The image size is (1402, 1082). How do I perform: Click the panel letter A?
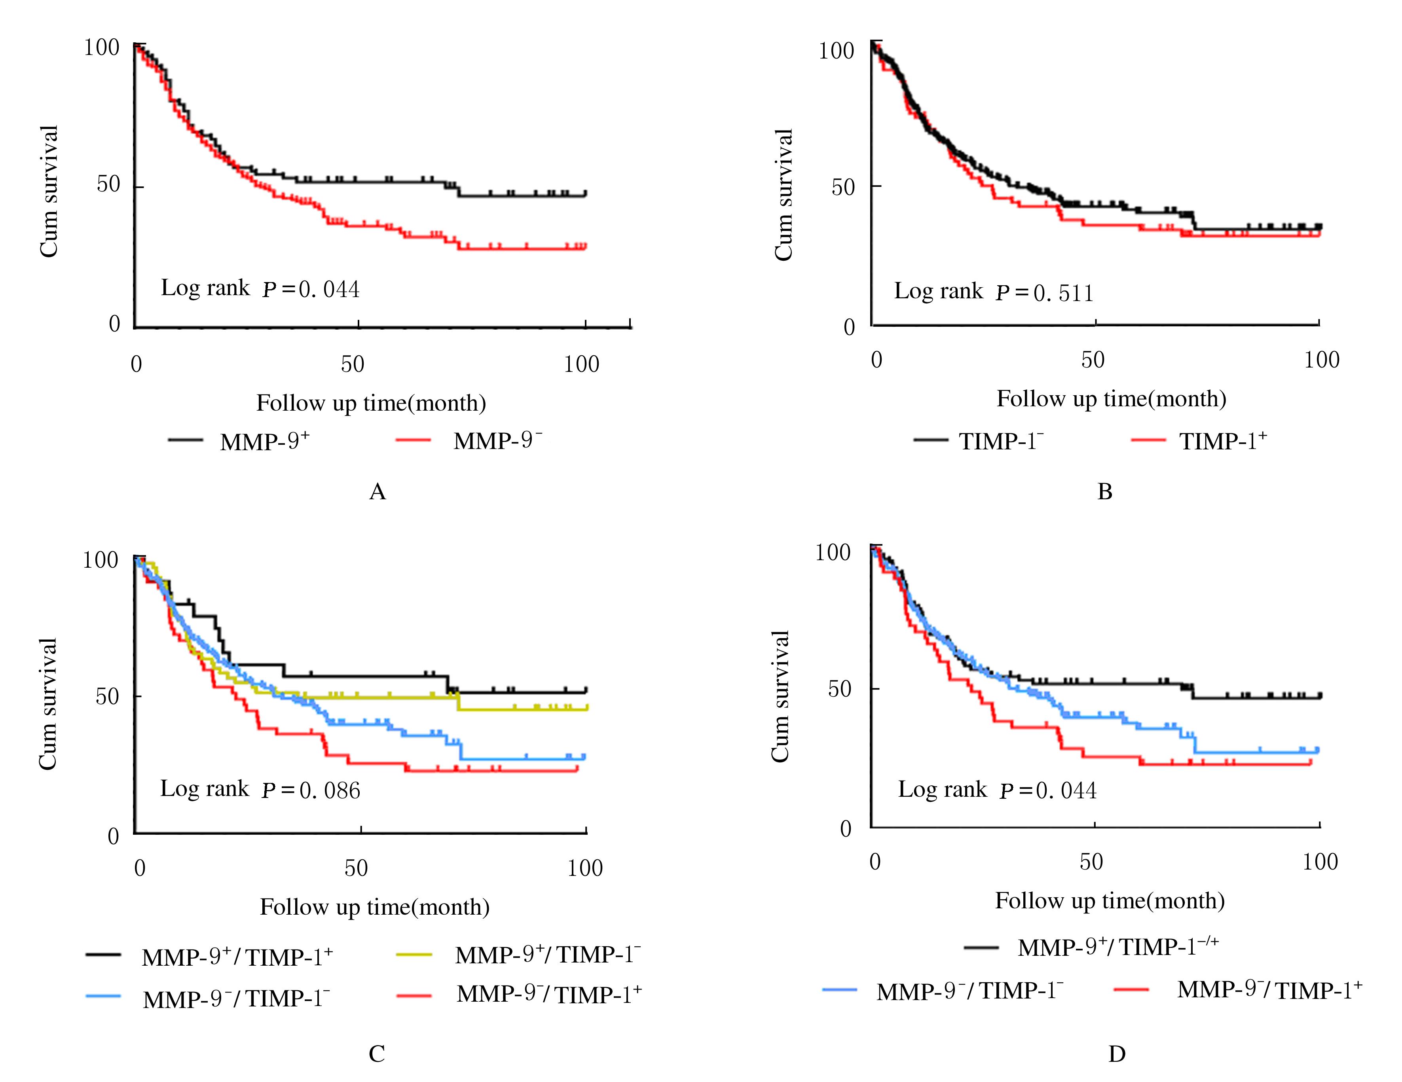(x=378, y=492)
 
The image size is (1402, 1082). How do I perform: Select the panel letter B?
(x=1105, y=492)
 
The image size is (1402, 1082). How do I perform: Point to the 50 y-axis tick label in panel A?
(x=108, y=185)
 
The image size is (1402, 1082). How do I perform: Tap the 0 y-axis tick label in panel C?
(x=114, y=836)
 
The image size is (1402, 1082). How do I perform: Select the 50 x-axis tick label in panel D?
(x=1091, y=862)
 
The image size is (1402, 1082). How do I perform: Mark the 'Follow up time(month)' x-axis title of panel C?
(x=374, y=907)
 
